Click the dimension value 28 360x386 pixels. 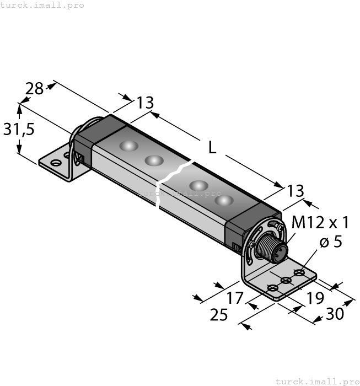[x=34, y=88]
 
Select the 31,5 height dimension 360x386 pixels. [x=19, y=129]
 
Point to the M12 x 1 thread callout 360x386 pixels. [x=320, y=223]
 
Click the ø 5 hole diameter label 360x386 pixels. [x=331, y=242]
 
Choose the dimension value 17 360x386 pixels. [x=235, y=298]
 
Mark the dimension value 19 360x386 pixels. [x=315, y=298]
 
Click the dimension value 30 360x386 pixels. [x=334, y=313]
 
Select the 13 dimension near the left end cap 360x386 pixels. [x=145, y=103]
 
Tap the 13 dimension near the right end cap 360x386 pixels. [x=295, y=191]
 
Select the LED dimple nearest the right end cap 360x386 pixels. [x=223, y=201]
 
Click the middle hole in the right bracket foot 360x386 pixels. [x=286, y=281]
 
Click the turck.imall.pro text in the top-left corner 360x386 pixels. [x=42, y=5]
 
